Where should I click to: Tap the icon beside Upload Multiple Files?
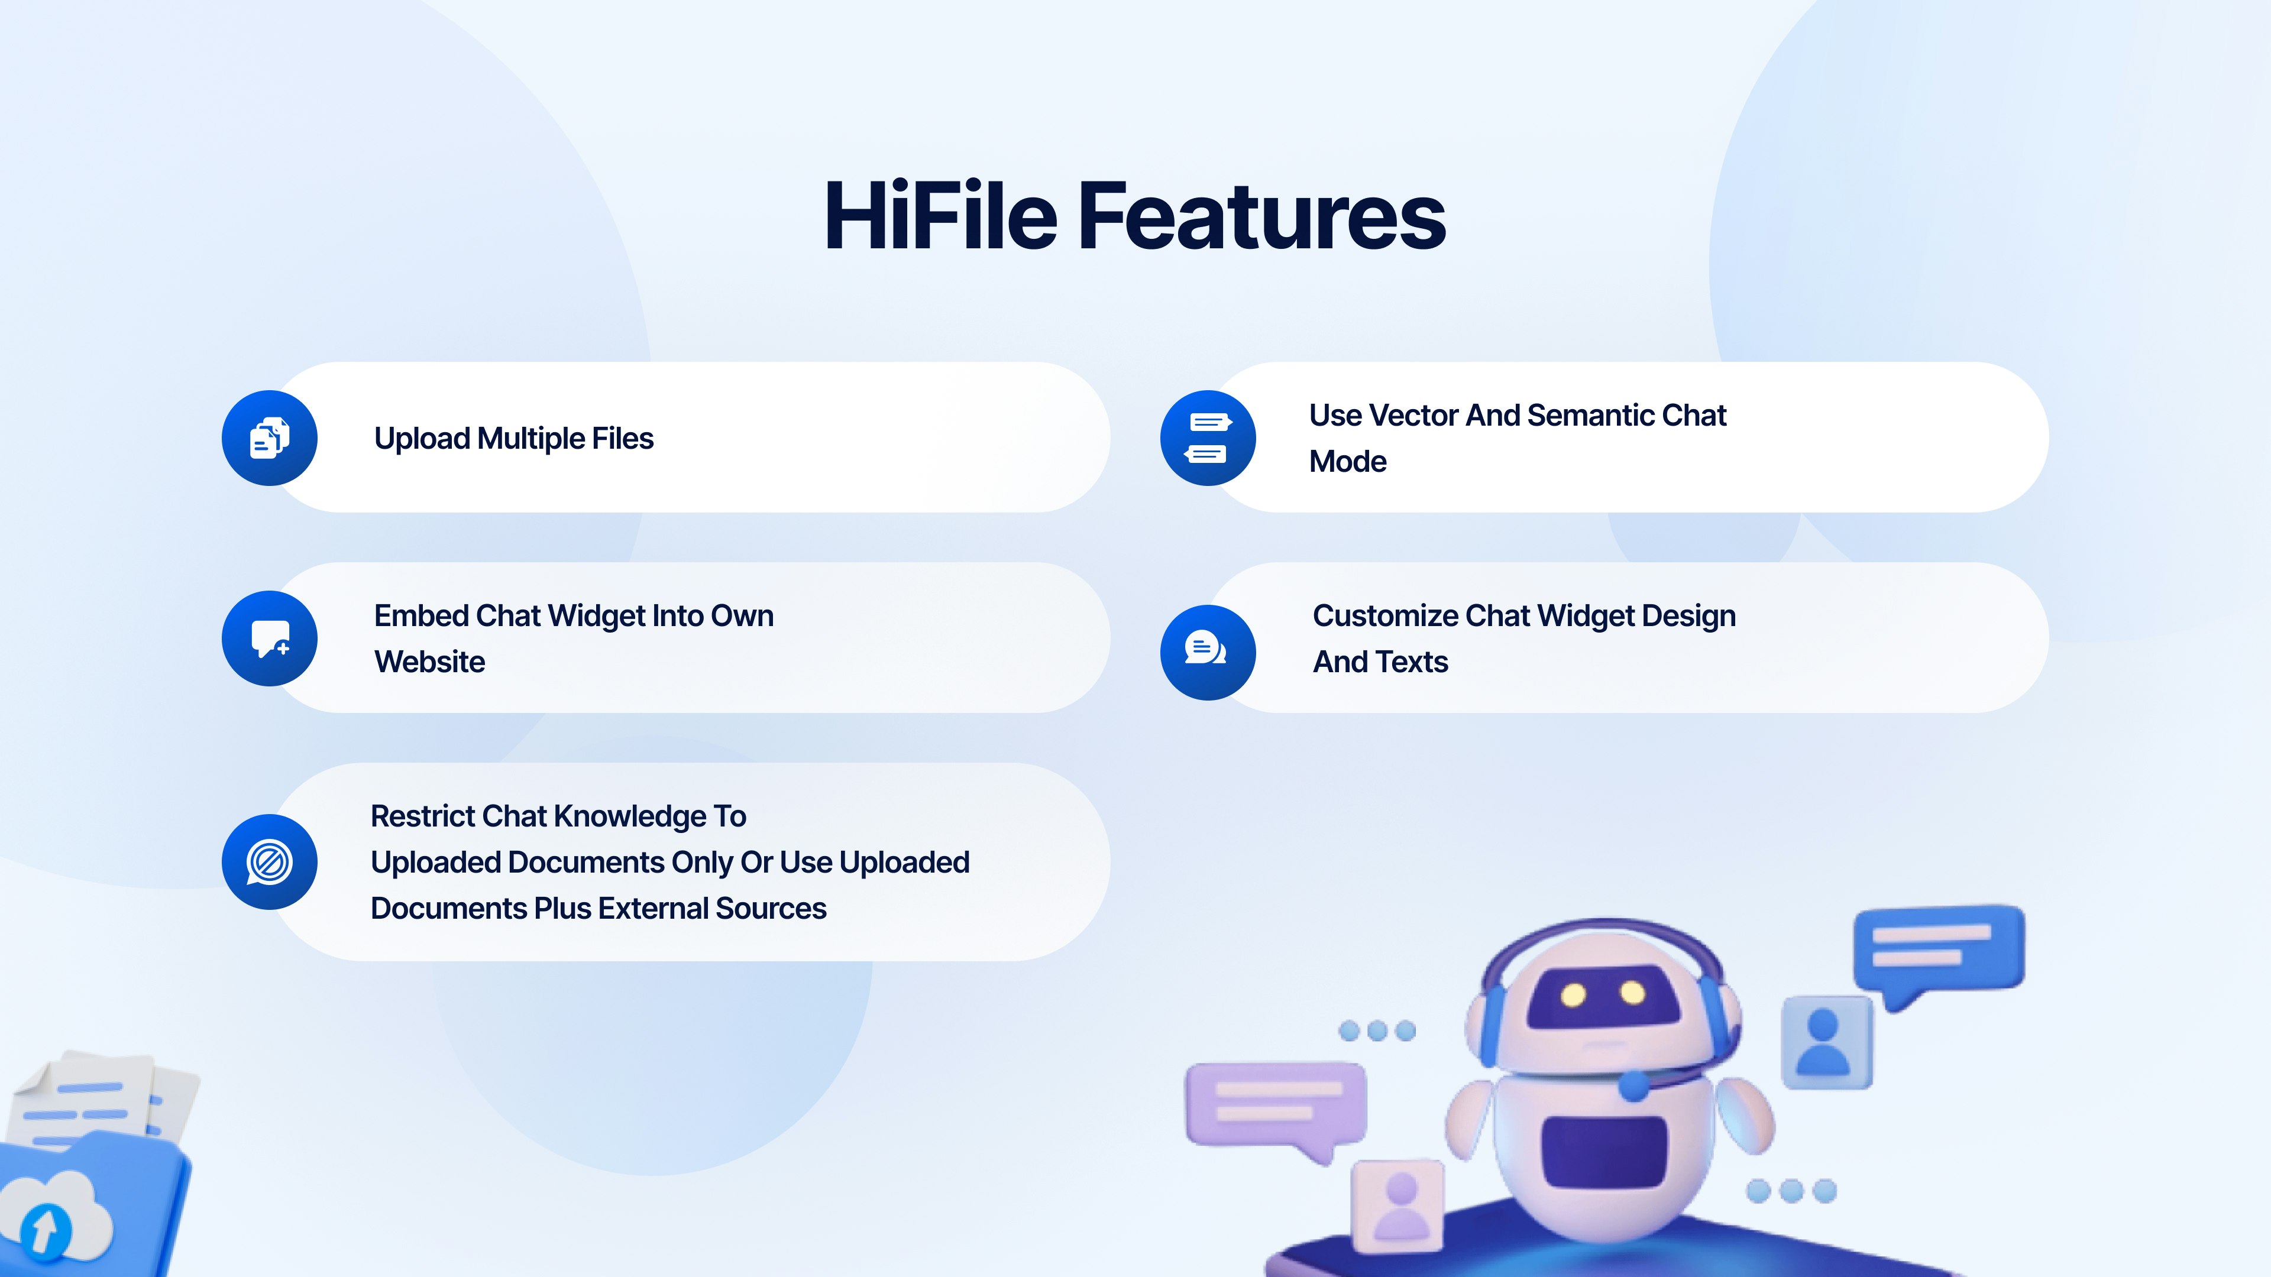270,438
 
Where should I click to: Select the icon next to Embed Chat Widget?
270,638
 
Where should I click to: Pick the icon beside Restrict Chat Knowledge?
270,862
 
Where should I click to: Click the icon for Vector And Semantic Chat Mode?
1208,438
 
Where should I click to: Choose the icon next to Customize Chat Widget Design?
1208,652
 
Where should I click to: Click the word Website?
429,662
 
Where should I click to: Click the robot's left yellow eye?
1574,996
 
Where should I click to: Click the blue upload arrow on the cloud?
45,1229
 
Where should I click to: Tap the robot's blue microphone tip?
1633,1085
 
